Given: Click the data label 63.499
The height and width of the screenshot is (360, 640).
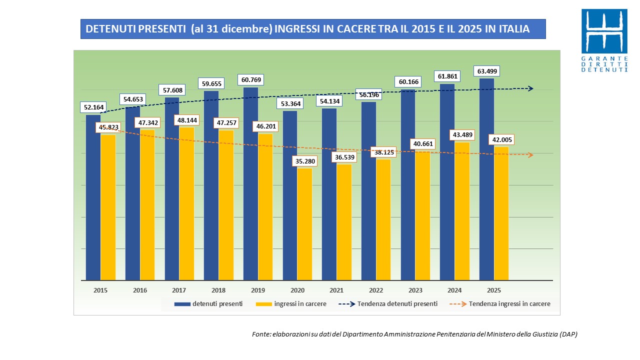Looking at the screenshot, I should [x=487, y=71].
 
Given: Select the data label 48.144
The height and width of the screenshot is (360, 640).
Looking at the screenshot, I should [x=186, y=120].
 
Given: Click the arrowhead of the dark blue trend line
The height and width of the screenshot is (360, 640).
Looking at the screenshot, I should [x=530, y=88].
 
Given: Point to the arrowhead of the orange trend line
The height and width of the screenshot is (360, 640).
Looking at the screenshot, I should [x=530, y=155].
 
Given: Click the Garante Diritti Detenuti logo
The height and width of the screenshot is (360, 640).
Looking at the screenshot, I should [x=604, y=40].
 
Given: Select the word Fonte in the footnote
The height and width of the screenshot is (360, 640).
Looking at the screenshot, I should [x=261, y=334].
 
